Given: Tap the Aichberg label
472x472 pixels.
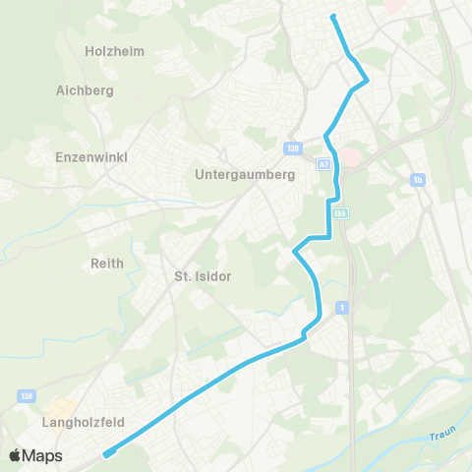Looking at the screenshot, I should pos(86,89).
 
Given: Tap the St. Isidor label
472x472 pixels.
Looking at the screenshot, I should pos(202,276).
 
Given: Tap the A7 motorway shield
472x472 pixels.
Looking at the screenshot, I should pos(324,164).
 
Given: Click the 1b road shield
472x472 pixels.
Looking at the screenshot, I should pos(418,180).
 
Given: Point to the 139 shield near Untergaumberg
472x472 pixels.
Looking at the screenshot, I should pos(294,148).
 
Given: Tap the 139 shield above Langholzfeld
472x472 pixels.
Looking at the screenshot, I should pos(25,395).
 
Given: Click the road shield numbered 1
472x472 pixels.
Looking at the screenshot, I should pos(341,308).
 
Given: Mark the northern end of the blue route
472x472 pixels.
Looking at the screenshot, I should pos(334,17).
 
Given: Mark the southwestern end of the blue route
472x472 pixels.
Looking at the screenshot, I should pos(105,453).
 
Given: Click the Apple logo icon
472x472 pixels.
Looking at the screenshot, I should pos(15,455).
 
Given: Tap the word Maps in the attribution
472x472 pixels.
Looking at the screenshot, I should pos(42,455).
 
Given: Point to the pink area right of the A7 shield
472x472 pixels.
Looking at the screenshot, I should pos(353,159).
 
